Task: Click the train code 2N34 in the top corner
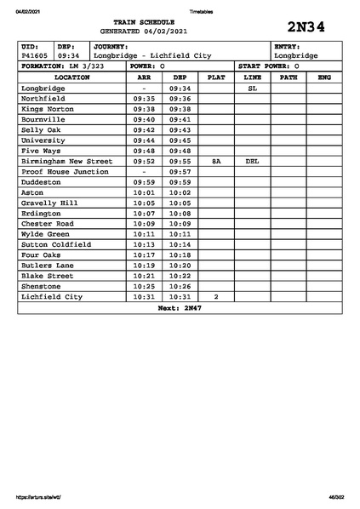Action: point(306,26)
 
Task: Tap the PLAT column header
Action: point(216,77)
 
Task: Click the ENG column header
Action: point(323,77)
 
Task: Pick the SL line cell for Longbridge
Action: point(252,88)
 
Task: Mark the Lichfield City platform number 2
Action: point(216,296)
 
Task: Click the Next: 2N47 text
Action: point(180,307)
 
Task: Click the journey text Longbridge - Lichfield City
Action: point(152,55)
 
